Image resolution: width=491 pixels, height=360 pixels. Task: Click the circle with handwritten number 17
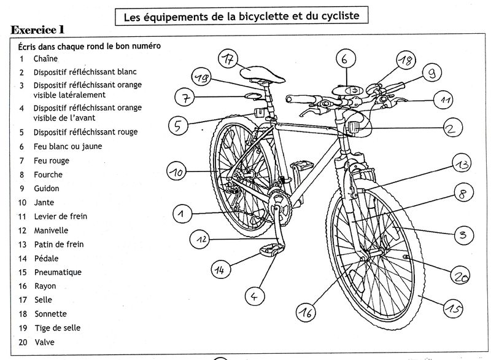click(228, 60)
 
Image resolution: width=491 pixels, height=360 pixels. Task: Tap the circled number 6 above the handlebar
click(344, 60)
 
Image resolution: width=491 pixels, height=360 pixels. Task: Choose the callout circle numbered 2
click(451, 128)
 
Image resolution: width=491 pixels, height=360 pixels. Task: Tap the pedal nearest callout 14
click(273, 249)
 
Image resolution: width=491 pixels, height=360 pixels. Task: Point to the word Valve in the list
click(43, 342)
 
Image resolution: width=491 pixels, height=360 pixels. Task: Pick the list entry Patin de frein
click(58, 245)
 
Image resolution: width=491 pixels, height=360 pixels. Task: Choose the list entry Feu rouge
click(51, 160)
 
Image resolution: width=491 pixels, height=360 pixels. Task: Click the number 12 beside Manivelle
click(22, 230)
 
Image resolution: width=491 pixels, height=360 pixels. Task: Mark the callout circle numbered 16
click(307, 313)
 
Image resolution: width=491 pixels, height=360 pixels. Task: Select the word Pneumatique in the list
click(58, 272)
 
